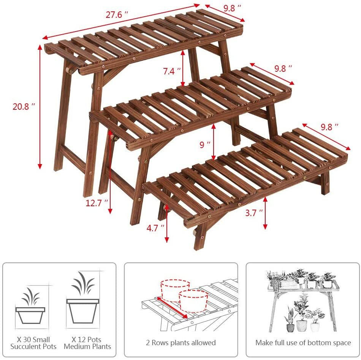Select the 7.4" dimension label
171,71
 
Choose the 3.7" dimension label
254,213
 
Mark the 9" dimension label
205,145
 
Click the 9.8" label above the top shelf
232,7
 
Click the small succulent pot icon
30,310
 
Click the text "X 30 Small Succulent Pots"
33,343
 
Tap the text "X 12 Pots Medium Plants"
87,343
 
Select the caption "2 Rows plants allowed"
181,343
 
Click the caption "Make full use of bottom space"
303,343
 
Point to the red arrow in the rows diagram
171,308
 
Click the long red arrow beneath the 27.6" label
121,21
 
